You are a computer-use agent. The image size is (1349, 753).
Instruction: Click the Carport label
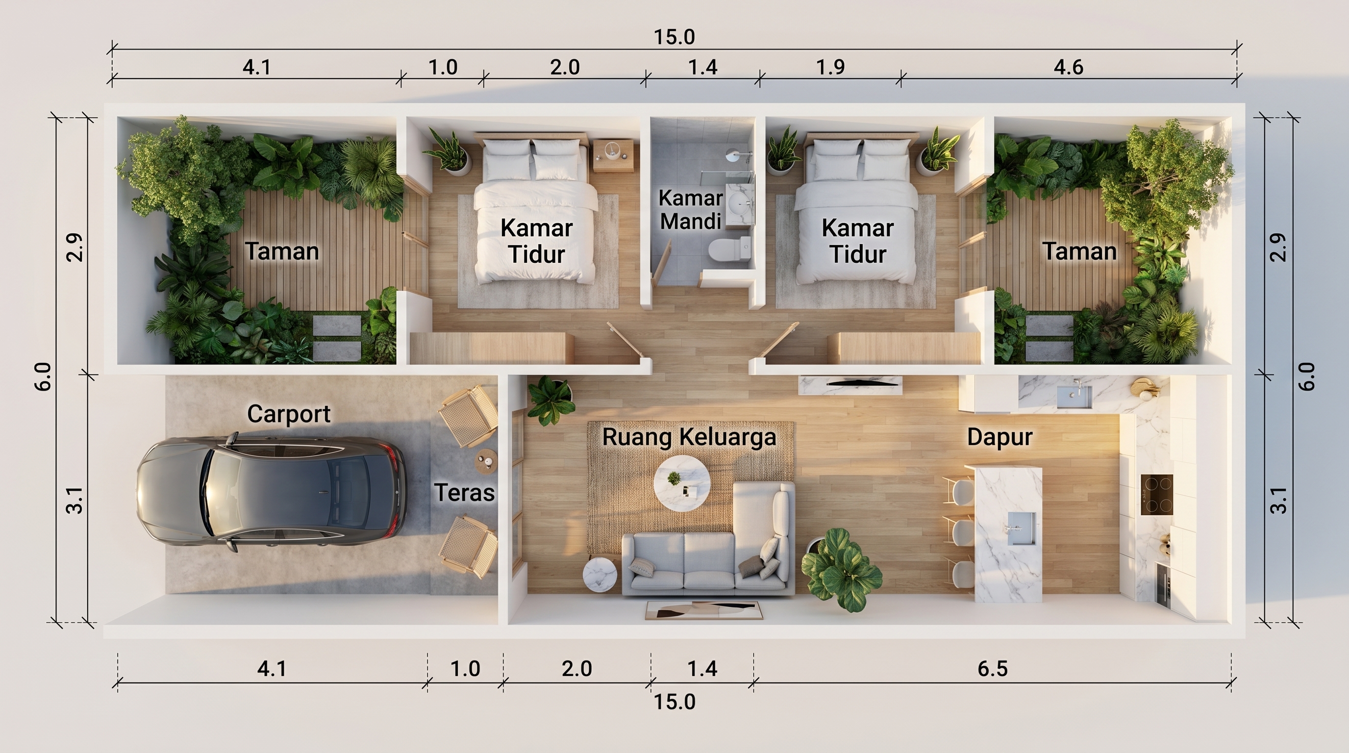pos(289,415)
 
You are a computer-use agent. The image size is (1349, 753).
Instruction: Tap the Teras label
pos(465,493)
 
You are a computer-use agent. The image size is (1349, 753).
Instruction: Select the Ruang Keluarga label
pos(689,437)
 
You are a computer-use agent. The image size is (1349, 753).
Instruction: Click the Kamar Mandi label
pos(691,210)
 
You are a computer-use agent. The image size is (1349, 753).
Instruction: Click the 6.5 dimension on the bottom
pos(992,669)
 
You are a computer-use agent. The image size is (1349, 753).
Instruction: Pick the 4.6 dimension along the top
pos(1068,68)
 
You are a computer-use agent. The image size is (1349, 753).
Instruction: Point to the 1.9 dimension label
pos(830,68)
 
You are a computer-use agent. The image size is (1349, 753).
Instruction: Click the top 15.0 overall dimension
pos(674,37)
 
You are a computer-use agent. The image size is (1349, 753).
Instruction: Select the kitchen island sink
pos(1021,528)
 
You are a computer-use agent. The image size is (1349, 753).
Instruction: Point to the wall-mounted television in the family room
pos(850,384)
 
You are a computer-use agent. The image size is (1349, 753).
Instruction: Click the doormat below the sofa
pos(704,610)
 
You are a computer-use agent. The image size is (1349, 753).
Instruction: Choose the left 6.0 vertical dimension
pos(44,376)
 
